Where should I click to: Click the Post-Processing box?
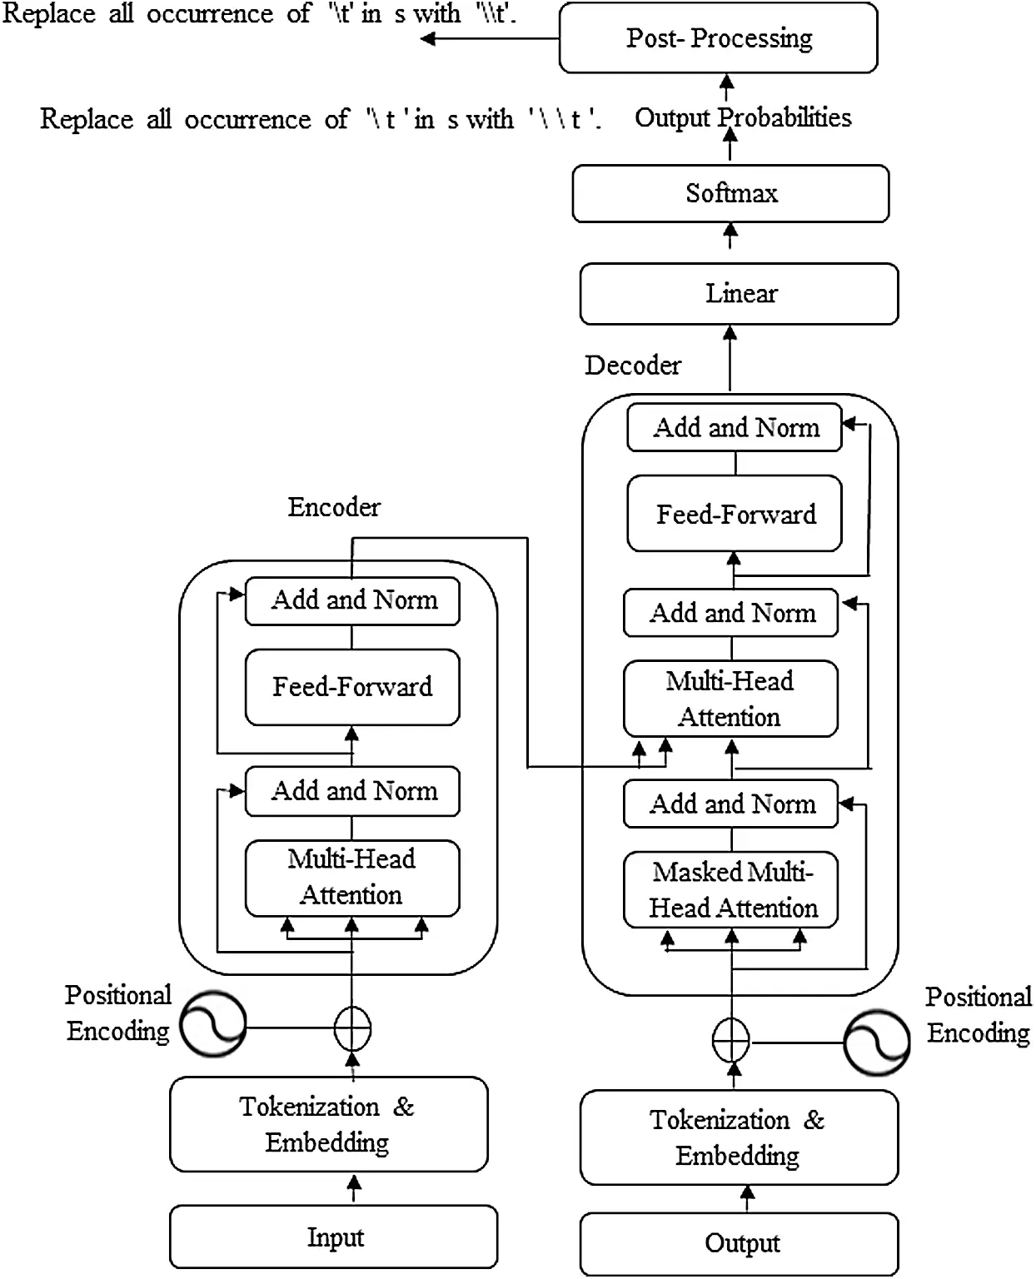pyautogui.click(x=718, y=38)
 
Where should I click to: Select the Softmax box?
pyautogui.click(x=730, y=193)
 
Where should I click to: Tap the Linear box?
pyautogui.click(x=739, y=294)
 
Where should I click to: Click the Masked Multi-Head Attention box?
pyautogui.click(x=730, y=889)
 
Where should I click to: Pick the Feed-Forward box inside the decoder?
pyautogui.click(x=734, y=514)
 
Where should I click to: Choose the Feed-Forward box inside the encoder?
pyautogui.click(x=351, y=687)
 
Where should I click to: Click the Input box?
pyautogui.click(x=333, y=1237)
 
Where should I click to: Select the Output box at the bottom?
pyautogui.click(x=739, y=1243)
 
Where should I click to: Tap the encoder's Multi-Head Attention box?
pyautogui.click(x=351, y=877)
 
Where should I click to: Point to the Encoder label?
pyautogui.click(x=334, y=507)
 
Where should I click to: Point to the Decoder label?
pyautogui.click(x=632, y=365)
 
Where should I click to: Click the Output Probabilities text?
pyautogui.click(x=743, y=117)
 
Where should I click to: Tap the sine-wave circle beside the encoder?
pyautogui.click(x=213, y=1025)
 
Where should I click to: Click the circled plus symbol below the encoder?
pyautogui.click(x=352, y=1029)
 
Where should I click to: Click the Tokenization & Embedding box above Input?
pyautogui.click(x=328, y=1124)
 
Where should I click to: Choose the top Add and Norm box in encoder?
pyautogui.click(x=351, y=600)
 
